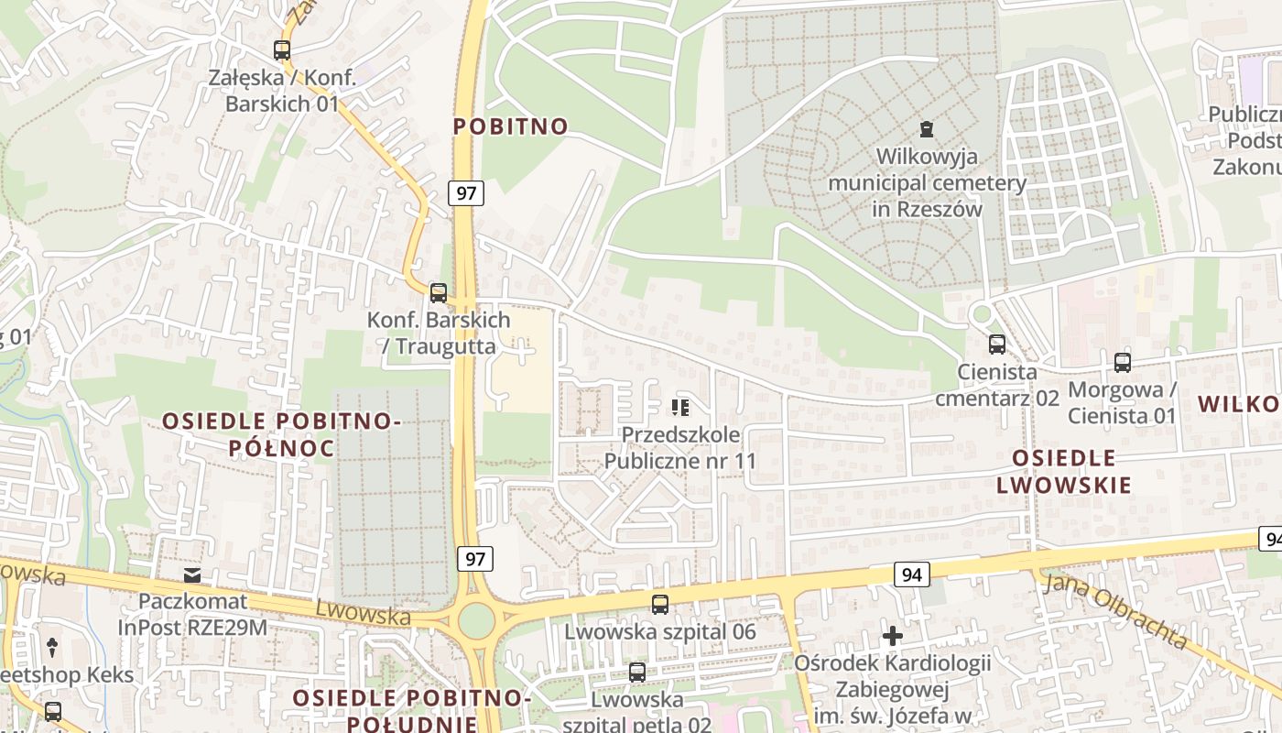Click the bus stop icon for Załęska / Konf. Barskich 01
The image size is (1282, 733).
282,50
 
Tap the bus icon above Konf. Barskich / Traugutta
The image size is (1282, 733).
439,293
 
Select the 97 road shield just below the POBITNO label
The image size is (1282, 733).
465,193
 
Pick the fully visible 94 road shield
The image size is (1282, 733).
911,574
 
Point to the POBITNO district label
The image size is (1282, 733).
511,126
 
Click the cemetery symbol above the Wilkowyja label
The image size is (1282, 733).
927,129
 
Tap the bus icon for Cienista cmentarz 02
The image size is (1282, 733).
996,345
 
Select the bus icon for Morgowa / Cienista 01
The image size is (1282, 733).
1123,362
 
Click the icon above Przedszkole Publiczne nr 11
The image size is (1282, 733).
679,407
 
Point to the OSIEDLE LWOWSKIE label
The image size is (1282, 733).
1064,471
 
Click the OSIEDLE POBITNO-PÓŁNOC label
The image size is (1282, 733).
281,434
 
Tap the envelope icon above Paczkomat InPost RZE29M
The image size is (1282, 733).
192,575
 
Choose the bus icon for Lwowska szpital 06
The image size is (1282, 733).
659,604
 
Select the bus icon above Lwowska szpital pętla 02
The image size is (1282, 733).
637,673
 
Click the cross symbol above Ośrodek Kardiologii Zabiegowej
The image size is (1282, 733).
893,635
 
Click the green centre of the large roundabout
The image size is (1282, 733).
475,621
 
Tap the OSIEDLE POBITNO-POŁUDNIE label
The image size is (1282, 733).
411,709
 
